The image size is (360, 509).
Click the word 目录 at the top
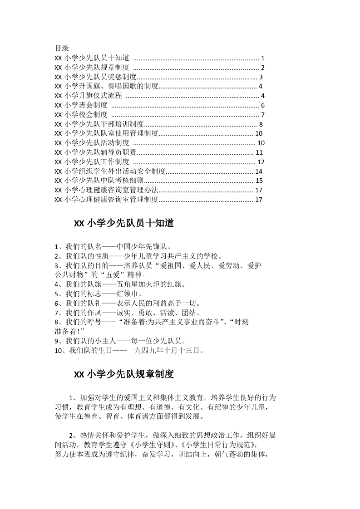(x=62, y=48)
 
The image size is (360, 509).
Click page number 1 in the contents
(x=263, y=58)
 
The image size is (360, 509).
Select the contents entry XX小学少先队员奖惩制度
(x=95, y=77)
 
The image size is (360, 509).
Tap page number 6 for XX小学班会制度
(x=263, y=105)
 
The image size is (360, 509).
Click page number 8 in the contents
(x=261, y=124)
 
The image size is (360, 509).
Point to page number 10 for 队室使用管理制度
(x=259, y=133)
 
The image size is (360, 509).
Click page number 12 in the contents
(x=261, y=162)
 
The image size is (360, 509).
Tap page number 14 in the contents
(x=259, y=171)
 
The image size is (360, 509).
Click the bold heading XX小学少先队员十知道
(x=124, y=224)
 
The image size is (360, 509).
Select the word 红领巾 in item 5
(x=127, y=294)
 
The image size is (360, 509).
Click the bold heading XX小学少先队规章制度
(x=124, y=375)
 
